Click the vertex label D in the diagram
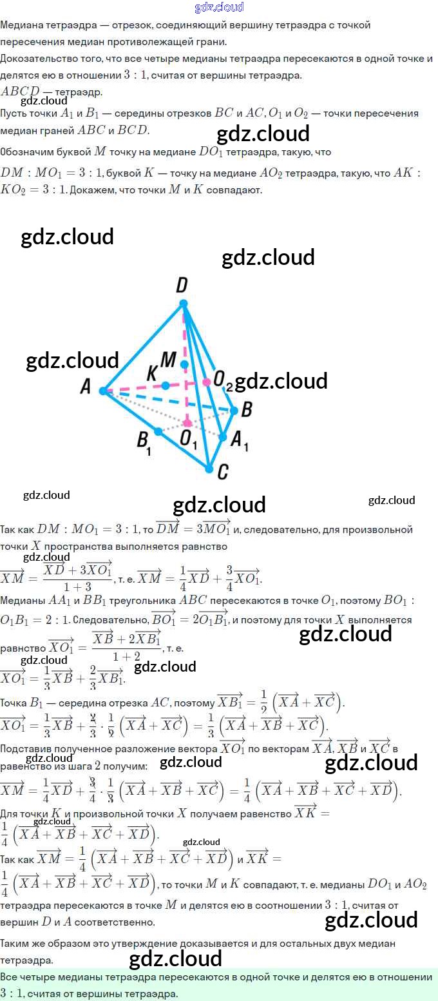182,284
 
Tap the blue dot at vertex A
103,390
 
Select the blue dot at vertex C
209,469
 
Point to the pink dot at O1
187,423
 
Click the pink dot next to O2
206,382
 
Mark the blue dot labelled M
184,364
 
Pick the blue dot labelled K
166,385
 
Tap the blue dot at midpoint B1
157,431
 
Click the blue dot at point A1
223,437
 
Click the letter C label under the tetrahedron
222,472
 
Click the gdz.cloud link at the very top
219,7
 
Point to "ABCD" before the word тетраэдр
21,92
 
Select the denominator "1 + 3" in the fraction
77,587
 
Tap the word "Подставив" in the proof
26,749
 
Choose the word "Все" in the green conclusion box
10,977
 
